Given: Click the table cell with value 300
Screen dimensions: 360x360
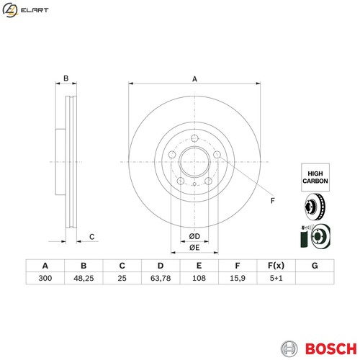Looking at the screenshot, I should (45, 279).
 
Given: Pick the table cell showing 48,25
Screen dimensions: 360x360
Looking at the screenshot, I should (84, 279).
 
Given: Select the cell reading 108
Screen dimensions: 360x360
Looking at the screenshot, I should (199, 279).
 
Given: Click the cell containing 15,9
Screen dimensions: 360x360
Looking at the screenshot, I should (237, 279).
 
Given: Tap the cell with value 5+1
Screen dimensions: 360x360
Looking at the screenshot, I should (276, 279).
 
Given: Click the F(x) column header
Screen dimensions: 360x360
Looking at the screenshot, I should (276, 265).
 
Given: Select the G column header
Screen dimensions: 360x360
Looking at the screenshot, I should (314, 265).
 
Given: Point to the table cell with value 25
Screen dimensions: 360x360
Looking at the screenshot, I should (122, 279).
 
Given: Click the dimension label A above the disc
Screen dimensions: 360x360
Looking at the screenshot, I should (194, 79).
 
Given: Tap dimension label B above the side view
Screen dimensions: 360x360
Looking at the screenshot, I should (66, 78).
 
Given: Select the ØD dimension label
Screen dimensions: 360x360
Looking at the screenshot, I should (194, 237).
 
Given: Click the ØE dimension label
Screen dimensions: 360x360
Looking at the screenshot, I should (194, 248).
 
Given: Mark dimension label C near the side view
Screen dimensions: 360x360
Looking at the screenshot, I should (91, 237).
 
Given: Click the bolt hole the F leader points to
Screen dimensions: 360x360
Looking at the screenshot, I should (217, 154).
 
